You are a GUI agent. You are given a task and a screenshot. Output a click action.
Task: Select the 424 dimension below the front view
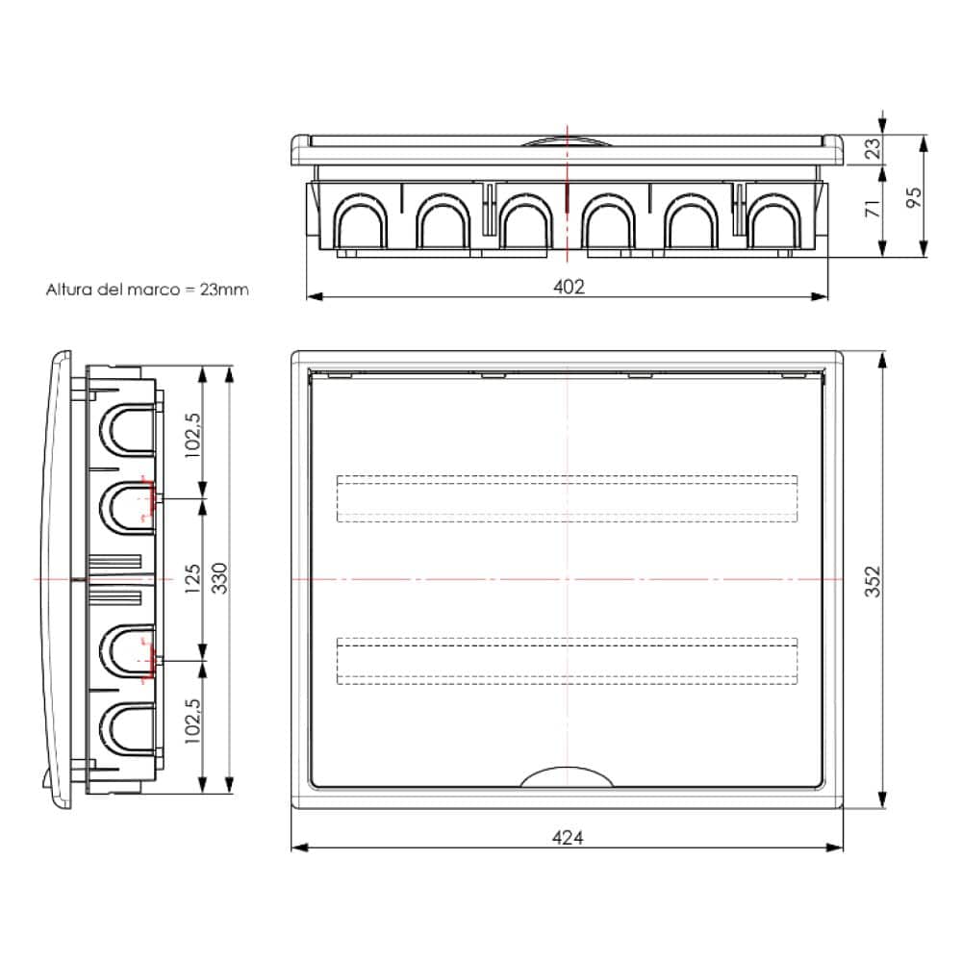tap(568, 837)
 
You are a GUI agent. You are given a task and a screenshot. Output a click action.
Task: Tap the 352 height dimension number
tap(873, 581)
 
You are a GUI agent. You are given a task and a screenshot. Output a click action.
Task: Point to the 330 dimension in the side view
tap(219, 578)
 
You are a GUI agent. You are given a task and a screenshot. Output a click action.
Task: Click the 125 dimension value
tap(192, 578)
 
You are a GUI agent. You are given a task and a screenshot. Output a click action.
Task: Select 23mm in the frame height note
tap(224, 289)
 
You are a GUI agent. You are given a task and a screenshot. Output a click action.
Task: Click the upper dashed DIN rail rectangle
tap(568, 497)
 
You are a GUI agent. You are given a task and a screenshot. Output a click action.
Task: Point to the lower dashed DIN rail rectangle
tap(568, 660)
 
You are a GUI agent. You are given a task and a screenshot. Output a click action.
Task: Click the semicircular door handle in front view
tap(568, 776)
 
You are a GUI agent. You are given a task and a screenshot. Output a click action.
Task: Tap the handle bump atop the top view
tap(568, 141)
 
